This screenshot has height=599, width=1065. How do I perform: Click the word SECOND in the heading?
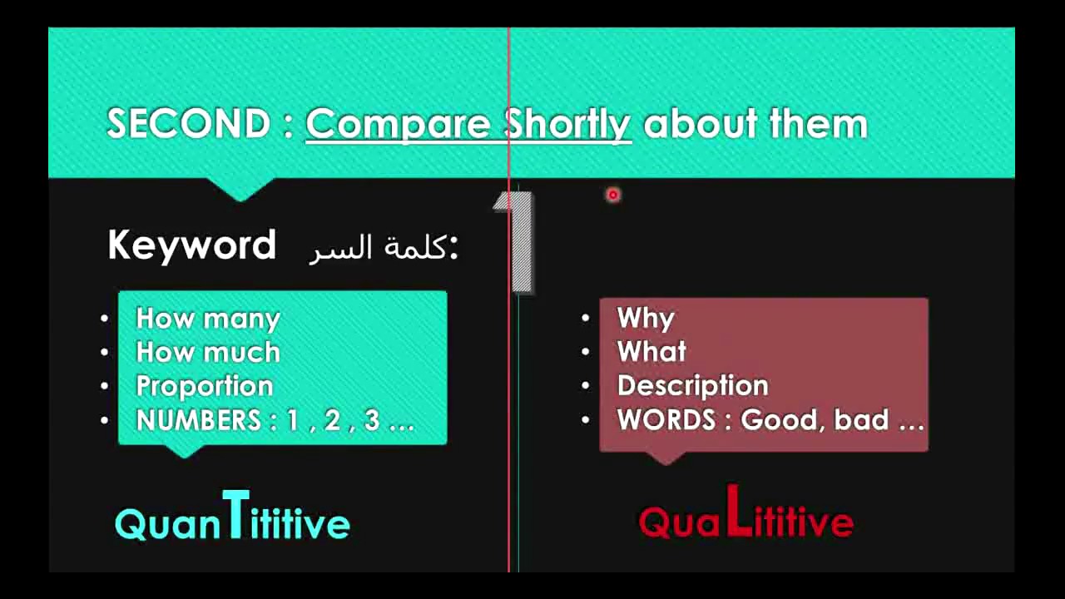coord(188,124)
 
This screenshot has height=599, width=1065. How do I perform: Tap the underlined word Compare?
coord(398,124)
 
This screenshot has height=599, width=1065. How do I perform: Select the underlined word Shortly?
coord(567,124)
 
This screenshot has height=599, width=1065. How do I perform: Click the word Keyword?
coord(191,246)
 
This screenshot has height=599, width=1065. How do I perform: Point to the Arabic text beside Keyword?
coord(384,248)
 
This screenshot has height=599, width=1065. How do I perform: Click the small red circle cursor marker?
coord(613,195)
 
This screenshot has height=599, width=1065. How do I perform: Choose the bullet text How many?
coord(208,319)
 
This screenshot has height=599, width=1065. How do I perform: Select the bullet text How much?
coord(208,353)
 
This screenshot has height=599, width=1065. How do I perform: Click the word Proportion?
coord(205,387)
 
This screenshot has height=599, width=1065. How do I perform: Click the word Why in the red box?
coord(646,319)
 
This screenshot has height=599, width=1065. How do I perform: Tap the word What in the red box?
coord(651,353)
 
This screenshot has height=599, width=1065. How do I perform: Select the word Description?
coord(692,387)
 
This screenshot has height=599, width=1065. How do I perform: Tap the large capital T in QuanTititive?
coord(235,516)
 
